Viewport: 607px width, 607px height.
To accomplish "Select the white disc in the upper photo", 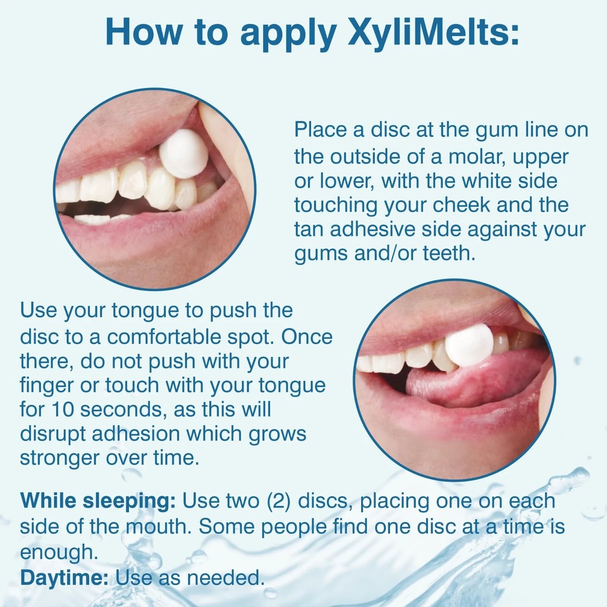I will click(183, 154).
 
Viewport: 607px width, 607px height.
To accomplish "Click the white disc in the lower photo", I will click(469, 345).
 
